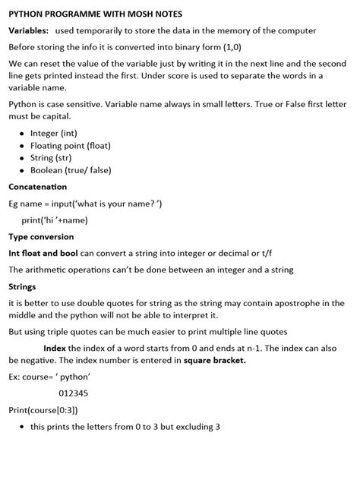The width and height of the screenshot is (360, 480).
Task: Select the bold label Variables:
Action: click(29, 30)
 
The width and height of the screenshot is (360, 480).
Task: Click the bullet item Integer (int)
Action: click(53, 133)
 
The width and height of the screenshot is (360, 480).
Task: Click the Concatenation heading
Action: click(37, 187)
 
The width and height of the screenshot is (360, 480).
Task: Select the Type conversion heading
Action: click(41, 236)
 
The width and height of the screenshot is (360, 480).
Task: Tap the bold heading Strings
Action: click(22, 286)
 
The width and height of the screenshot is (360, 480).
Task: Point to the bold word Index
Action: click(55, 348)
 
